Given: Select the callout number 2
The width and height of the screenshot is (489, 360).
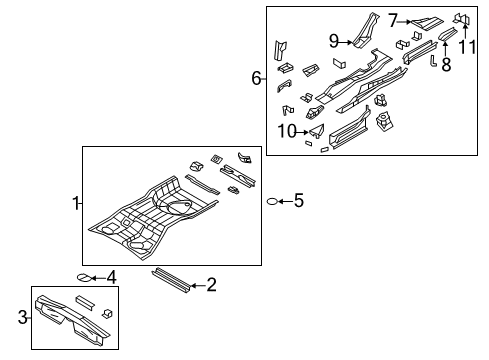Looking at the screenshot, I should coord(211,286).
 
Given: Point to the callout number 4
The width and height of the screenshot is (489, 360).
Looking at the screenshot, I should coord(111,277).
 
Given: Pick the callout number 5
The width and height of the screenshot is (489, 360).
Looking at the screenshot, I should coord(297,201).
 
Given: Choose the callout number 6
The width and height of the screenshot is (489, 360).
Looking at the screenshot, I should coord(257,78).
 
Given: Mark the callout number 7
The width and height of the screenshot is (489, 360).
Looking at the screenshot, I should coord(393,19).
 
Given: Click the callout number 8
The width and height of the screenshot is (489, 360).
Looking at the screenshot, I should coord(446,65).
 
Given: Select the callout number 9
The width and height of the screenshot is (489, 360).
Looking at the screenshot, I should coord(335,41).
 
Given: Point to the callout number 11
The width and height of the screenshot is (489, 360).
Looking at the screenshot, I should coord(466,47).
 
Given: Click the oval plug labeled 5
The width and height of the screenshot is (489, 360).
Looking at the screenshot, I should coord(271,202).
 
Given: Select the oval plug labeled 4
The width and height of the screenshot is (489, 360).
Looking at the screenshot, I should coord(85,278).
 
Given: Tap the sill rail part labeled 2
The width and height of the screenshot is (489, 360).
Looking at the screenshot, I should coord(169,278).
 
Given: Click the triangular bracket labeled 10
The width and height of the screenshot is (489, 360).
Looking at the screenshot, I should coord(317,130).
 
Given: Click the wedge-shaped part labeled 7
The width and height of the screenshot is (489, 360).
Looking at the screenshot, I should coord(428,18).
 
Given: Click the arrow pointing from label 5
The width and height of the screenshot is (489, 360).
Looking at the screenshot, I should coord(284,202).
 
